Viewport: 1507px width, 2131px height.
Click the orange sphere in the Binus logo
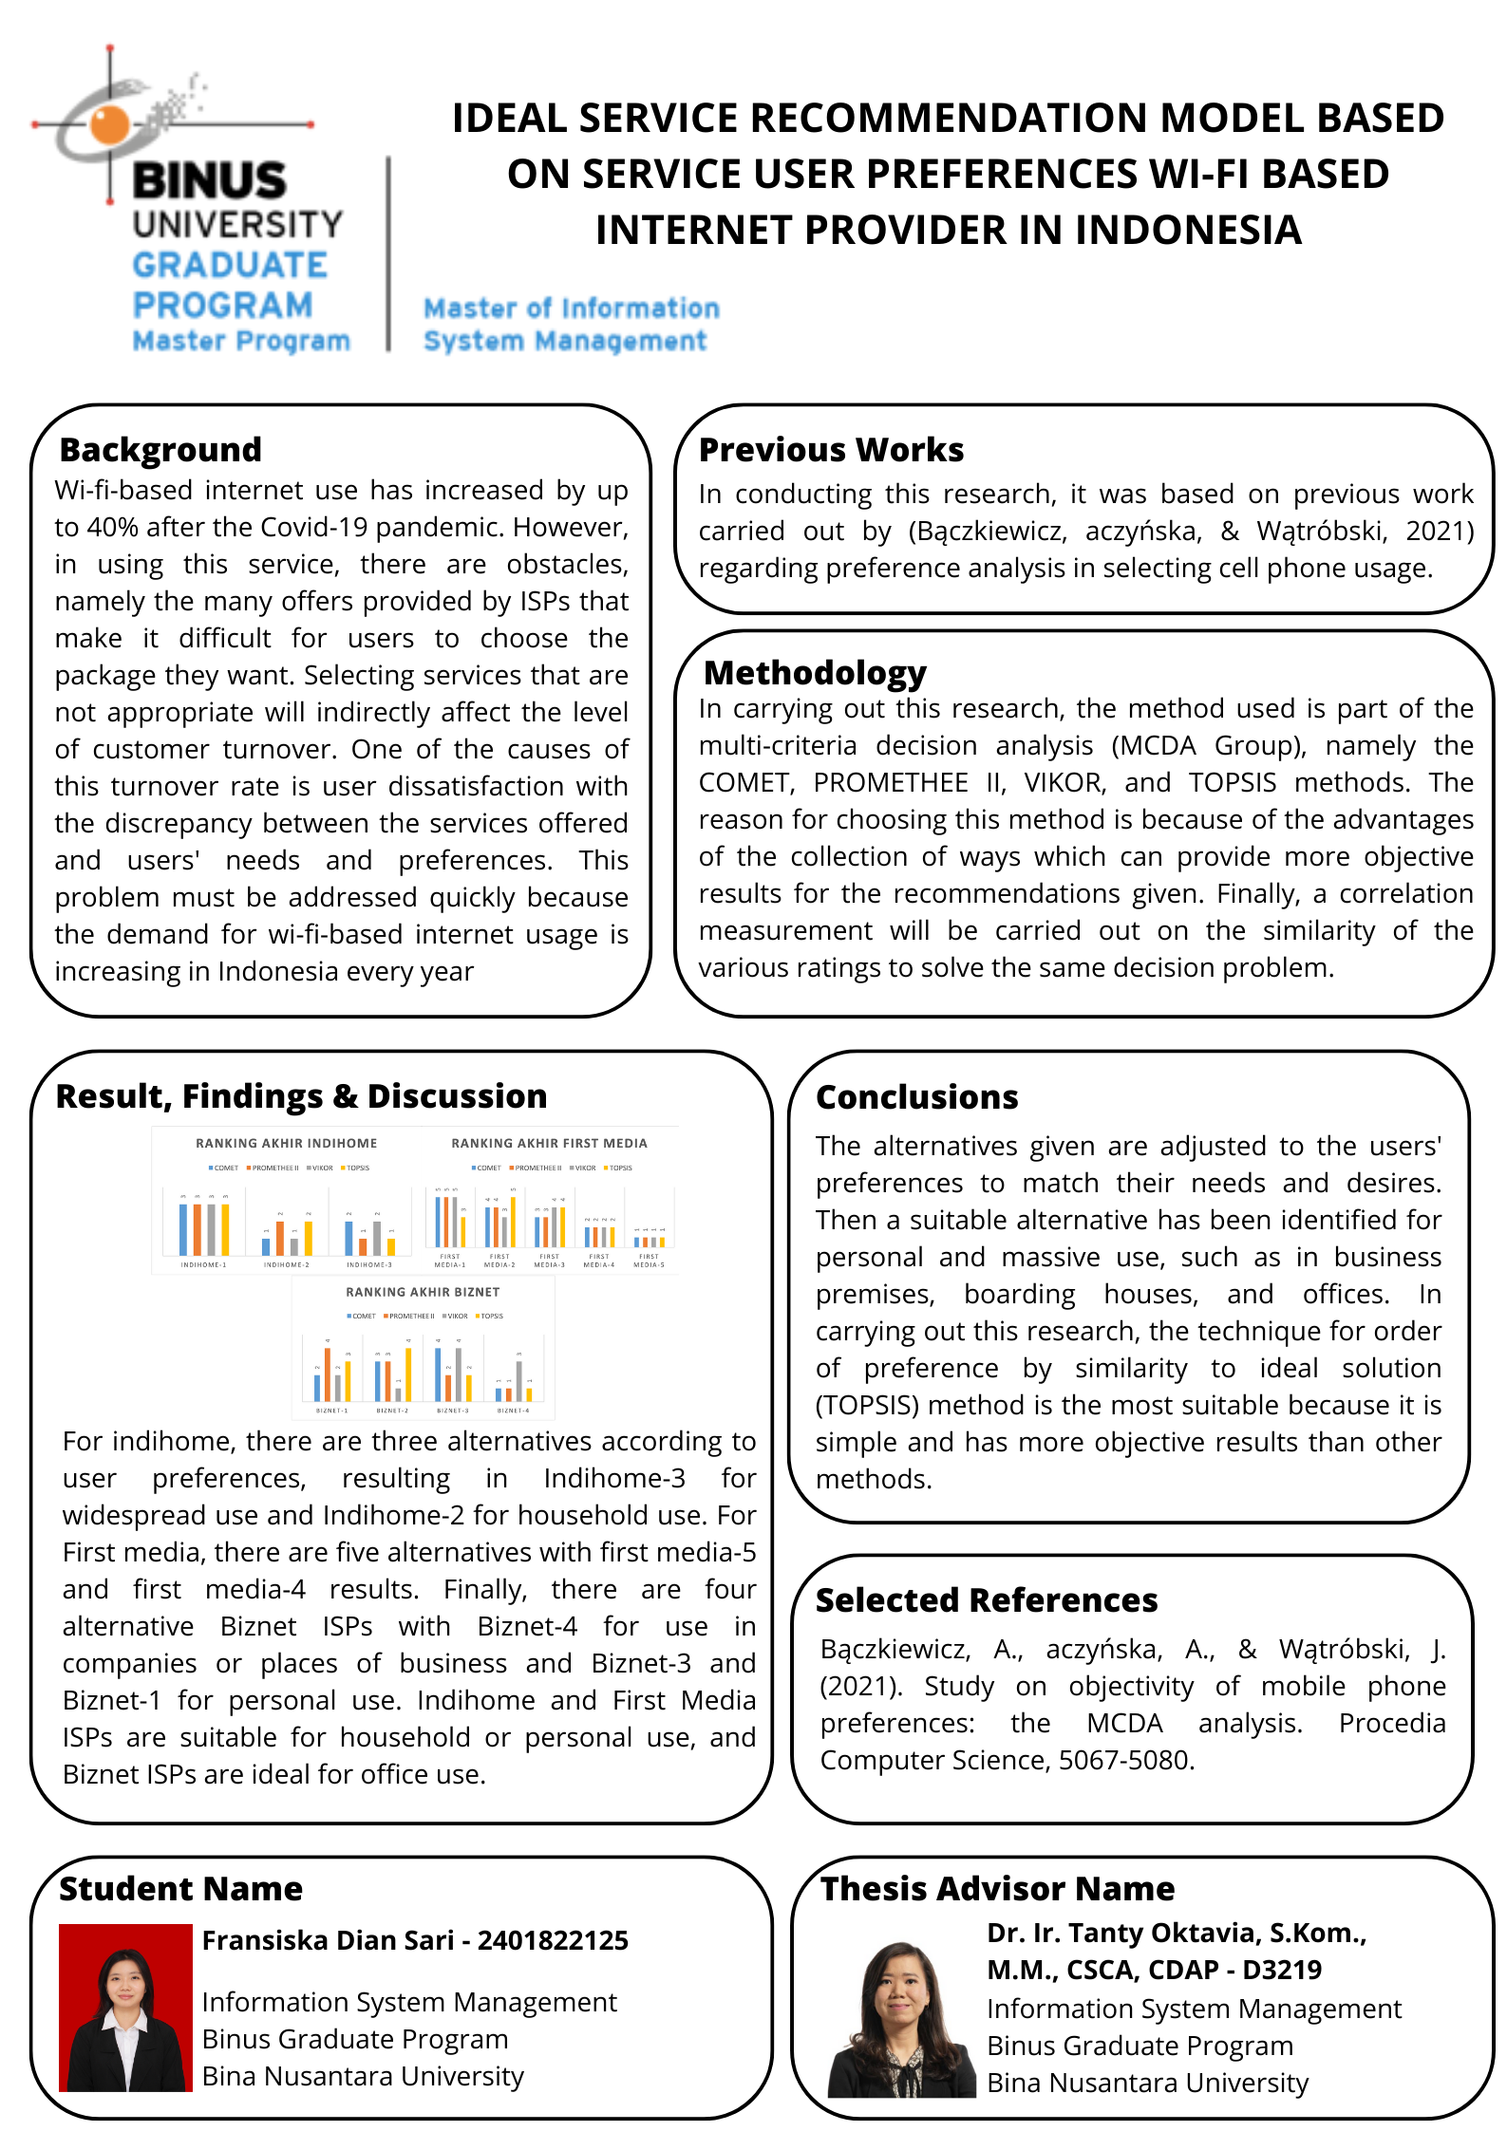point(111,124)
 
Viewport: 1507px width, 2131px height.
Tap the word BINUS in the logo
point(209,180)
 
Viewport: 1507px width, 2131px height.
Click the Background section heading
point(160,449)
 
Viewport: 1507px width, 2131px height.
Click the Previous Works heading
point(831,449)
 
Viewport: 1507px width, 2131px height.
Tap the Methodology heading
point(815,672)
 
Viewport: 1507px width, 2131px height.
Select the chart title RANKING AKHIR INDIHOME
point(286,1143)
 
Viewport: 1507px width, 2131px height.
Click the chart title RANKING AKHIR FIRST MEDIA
point(549,1143)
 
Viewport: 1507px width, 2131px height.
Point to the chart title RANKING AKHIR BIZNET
point(423,1292)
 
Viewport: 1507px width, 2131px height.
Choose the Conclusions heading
point(916,1096)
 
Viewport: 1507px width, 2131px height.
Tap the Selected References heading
point(987,1599)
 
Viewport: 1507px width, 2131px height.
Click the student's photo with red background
point(125,2008)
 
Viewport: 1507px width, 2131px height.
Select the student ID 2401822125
point(553,1940)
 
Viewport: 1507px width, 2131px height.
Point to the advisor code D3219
point(1282,1970)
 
